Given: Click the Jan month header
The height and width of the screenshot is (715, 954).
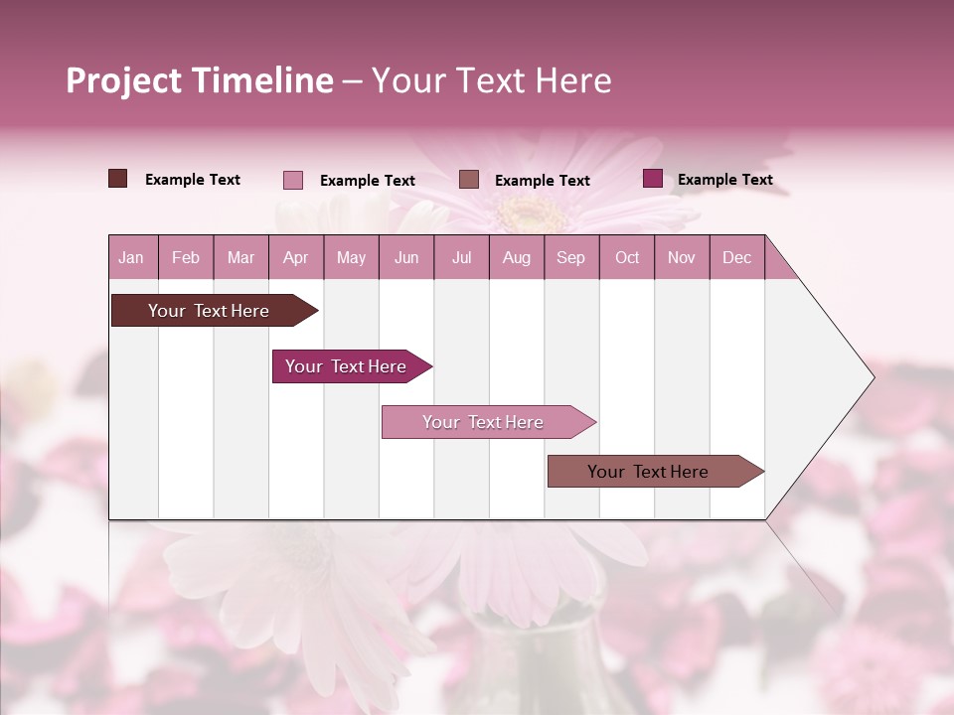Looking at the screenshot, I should [x=131, y=257].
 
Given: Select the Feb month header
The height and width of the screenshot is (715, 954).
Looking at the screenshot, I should [x=186, y=257].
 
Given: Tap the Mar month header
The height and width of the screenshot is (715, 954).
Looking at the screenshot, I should [x=240, y=257].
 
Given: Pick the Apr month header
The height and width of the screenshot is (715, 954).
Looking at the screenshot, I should [x=295, y=257].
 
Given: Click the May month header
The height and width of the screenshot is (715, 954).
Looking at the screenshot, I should [x=351, y=257].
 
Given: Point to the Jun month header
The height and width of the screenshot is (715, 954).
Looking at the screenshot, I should [x=406, y=257].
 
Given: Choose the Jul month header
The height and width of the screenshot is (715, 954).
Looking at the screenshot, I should [x=461, y=257].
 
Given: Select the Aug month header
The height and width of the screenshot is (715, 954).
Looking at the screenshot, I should [x=517, y=257].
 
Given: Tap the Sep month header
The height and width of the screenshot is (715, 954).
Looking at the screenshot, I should [x=571, y=257].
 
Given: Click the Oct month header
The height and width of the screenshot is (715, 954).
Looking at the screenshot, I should [x=627, y=257].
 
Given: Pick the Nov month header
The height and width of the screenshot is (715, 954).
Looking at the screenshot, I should [x=682, y=257].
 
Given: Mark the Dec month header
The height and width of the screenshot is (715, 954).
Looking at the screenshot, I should [x=736, y=257].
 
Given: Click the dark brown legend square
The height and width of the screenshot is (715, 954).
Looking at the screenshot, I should [x=118, y=179].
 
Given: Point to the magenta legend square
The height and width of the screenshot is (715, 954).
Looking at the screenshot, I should [x=653, y=179].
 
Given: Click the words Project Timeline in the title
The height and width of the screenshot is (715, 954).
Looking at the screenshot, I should [x=200, y=80].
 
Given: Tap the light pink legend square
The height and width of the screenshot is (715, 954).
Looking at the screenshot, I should [x=293, y=180].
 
